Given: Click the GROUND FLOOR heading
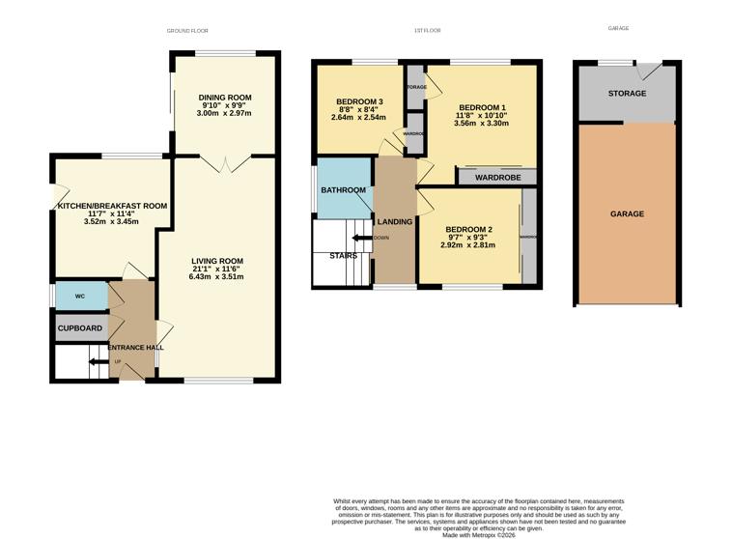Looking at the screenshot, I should point(187,31).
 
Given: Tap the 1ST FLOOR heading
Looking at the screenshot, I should point(427,31).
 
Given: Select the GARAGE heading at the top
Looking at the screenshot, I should point(618,29).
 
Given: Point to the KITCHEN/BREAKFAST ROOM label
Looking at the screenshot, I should point(112,206).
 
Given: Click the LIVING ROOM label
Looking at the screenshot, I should point(216,261).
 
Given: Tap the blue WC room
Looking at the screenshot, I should point(79,297).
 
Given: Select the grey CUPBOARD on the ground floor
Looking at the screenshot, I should point(79,328).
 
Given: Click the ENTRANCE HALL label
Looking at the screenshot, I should point(135,348).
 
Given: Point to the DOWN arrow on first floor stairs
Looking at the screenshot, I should point(365,238).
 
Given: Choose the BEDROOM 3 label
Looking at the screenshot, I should point(359,102).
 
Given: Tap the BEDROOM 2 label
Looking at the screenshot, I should point(467,229).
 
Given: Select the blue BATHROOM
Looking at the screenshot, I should point(344,190).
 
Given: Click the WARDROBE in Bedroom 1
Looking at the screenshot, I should point(496,178).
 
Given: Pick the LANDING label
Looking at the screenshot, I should point(395,222).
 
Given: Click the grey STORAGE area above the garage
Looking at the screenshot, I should point(626,94).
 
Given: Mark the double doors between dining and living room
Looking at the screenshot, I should point(224,164).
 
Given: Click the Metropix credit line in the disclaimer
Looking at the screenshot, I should point(479,534).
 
